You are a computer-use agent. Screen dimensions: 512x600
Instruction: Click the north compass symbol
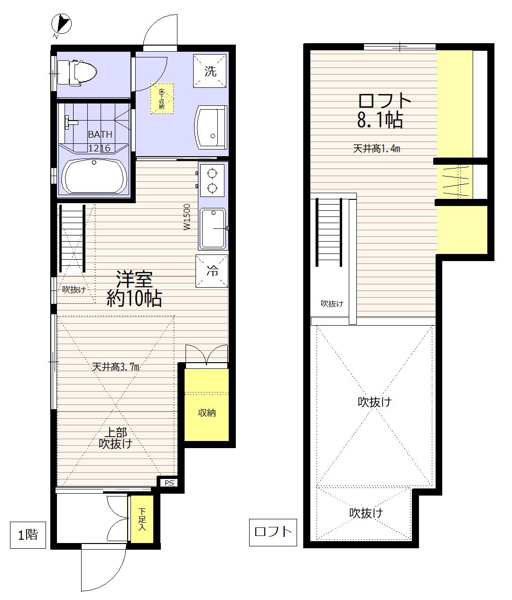pos(61,24)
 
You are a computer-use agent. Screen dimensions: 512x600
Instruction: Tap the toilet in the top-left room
pos(76,73)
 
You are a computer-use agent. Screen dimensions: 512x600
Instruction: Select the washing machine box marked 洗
pos(210,71)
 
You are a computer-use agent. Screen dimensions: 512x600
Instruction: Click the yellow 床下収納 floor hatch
pos(162,99)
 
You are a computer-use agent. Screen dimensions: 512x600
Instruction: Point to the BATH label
pos(100,134)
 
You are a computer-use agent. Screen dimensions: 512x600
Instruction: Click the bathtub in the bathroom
pos(94,176)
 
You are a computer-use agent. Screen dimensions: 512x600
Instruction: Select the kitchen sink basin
pos(213,228)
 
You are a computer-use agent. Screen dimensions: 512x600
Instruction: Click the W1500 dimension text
pos(187,217)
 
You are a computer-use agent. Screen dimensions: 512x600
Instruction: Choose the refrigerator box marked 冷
pos(212,271)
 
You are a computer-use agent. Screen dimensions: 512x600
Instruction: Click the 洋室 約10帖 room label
pos(134,288)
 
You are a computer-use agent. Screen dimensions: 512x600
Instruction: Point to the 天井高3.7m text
pos(116,367)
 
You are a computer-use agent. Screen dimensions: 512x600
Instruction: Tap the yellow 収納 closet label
pos(207,413)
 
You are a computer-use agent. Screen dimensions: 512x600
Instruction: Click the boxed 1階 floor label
pos(28,535)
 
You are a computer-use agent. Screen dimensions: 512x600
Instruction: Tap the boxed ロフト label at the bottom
pos(273,532)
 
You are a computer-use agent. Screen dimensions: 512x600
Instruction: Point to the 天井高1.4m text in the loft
pos(376,149)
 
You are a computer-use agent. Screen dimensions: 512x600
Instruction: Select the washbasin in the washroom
pos(210,128)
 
